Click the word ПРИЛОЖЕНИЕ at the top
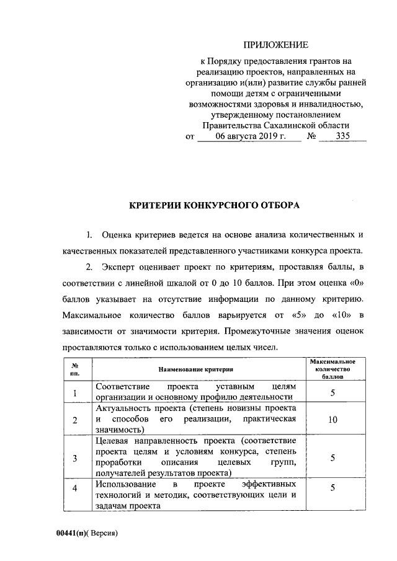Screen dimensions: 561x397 pos(275,45)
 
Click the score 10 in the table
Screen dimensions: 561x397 pos(332,420)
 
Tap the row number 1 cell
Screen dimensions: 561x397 pos(75,393)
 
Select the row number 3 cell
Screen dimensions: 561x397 pos(75,458)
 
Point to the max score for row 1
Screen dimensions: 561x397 pos(332,393)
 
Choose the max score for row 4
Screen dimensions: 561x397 pos(332,488)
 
